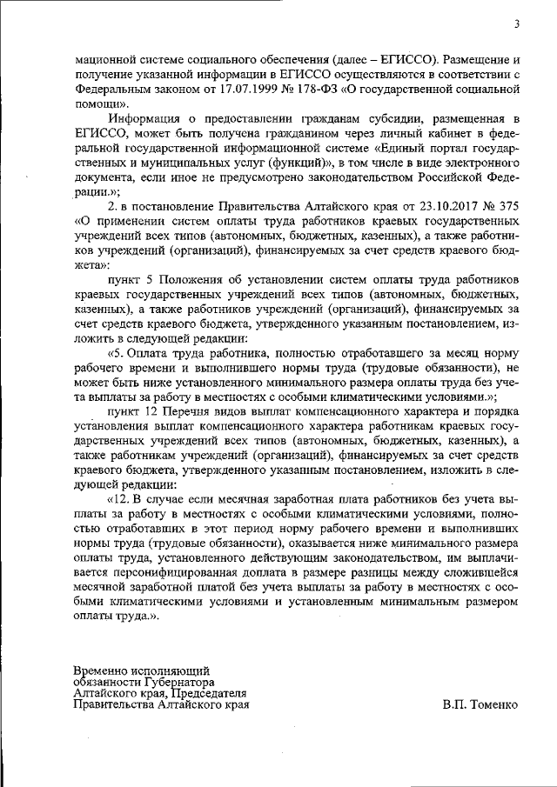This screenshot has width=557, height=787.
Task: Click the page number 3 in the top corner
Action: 516,23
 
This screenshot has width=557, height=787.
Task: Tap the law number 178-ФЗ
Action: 315,89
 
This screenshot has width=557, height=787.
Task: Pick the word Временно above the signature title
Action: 104,670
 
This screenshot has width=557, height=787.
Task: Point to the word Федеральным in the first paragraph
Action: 113,89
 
